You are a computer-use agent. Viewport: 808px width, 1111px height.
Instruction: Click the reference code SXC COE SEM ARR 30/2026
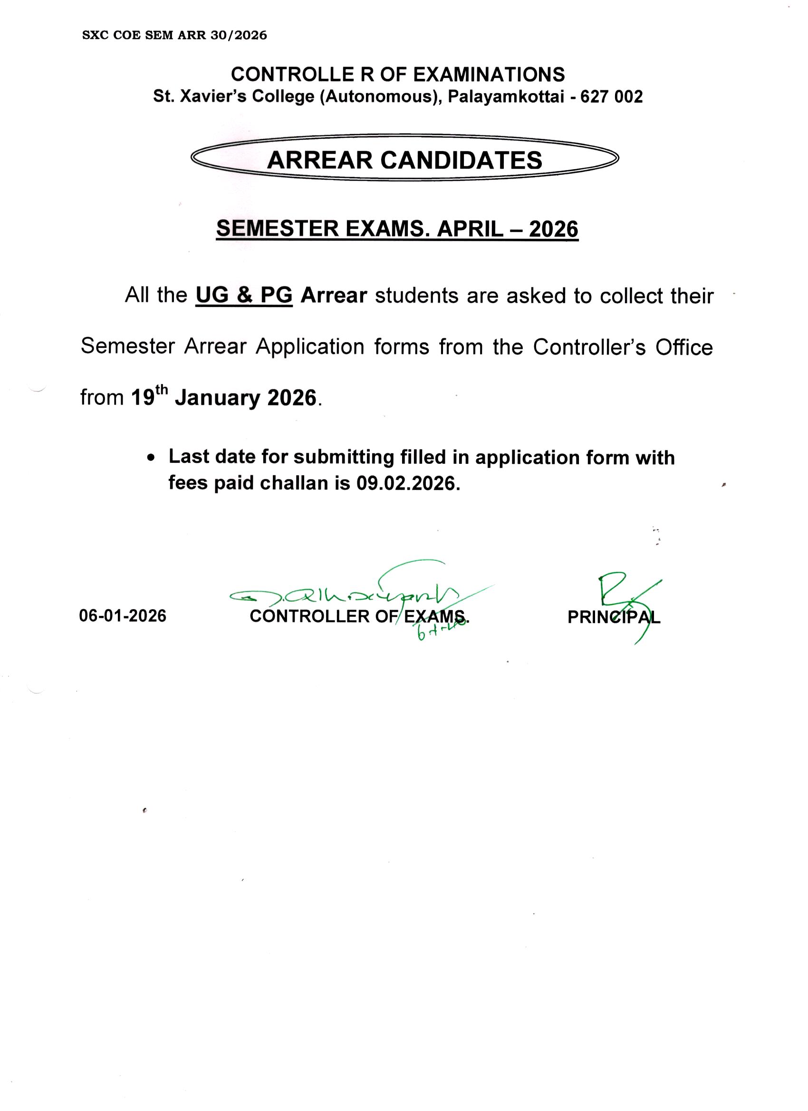(174, 35)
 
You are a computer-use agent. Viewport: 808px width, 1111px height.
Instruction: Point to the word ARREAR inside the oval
(319, 160)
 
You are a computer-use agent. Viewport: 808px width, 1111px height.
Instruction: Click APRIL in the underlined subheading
(470, 229)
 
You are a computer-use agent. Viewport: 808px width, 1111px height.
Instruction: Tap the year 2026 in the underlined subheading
(554, 229)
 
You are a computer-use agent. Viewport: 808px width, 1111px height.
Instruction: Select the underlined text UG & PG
(244, 296)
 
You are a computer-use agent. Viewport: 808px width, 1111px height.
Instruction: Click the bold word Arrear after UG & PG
(334, 296)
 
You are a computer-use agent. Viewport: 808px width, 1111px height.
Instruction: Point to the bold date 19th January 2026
(223, 397)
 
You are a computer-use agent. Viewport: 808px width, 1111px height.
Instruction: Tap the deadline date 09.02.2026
(407, 483)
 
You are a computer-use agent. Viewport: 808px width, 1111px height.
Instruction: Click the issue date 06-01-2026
(123, 616)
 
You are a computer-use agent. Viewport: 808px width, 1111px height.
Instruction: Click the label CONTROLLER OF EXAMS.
(359, 616)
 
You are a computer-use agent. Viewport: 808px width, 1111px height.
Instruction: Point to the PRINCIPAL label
(614, 617)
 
